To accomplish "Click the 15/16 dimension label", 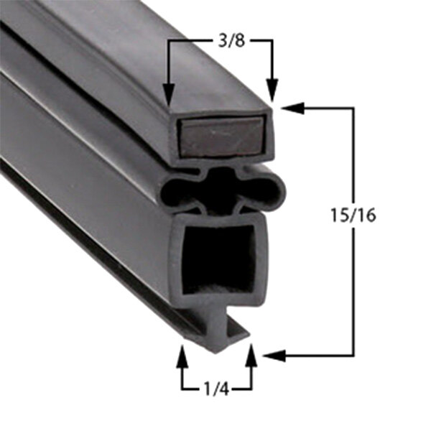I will (352, 215).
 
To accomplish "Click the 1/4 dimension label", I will (215, 389).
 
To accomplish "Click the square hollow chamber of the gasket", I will (218, 259).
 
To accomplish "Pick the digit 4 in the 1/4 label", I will (225, 389).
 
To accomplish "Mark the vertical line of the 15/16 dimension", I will (353, 287).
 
